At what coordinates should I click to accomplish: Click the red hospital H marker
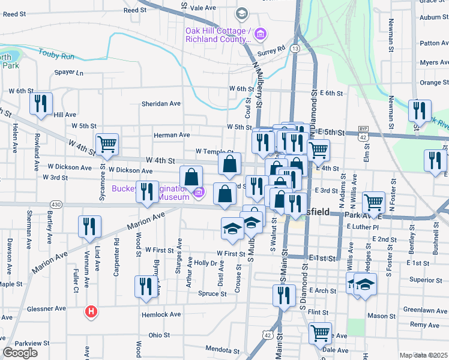(91, 312)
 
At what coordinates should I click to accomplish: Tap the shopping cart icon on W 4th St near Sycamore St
(107, 144)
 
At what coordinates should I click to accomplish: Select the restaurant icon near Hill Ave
(41, 103)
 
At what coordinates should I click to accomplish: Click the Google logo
(20, 353)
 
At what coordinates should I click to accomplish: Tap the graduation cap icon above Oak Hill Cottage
(241, 13)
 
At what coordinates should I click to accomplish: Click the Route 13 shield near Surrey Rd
(294, 47)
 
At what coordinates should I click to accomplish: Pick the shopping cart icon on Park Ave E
(373, 202)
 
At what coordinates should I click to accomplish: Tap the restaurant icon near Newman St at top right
(420, 110)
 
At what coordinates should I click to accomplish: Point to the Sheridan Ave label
(161, 103)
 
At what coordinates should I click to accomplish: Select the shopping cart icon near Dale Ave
(320, 332)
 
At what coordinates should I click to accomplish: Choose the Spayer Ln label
(68, 73)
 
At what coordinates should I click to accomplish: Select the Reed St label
(134, 10)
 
